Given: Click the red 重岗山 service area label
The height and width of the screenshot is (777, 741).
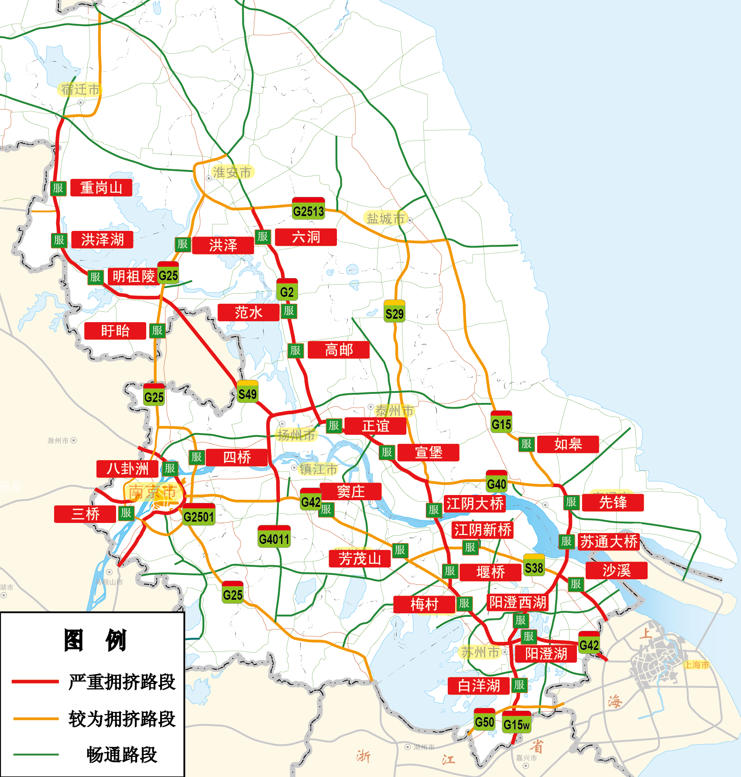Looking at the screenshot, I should tap(101, 188).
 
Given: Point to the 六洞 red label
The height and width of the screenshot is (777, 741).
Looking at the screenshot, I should tap(306, 237).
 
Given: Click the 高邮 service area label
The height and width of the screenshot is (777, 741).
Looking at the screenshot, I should tap(339, 350).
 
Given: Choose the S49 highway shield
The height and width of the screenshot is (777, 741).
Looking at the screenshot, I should tap(247, 392).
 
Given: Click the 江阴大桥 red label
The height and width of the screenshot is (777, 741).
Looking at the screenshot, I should tap(475, 503).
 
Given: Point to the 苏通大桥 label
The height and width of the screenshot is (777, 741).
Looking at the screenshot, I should tap(609, 542).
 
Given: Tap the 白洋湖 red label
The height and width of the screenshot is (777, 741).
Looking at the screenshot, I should tap(479, 686).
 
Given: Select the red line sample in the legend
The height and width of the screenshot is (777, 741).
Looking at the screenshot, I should tap(35, 681).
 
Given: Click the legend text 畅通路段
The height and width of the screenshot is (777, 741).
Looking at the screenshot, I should tap(122, 754).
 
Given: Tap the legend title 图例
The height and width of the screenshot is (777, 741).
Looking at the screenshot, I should tap(95, 640).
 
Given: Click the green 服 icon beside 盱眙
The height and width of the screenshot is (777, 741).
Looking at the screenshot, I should tap(157, 330).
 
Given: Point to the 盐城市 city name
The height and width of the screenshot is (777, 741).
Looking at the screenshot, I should tap(385, 218).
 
